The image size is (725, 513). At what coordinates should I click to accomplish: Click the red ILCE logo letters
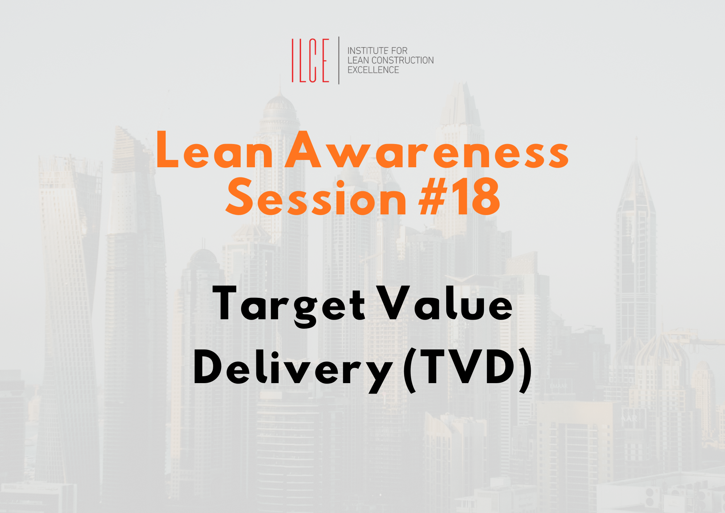(310, 60)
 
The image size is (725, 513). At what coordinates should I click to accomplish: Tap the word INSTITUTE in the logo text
(368, 50)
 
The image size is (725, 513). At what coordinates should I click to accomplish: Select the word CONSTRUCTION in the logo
(403, 60)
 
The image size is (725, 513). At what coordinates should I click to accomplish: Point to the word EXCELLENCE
(373, 70)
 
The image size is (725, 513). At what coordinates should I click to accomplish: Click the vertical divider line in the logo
(339, 60)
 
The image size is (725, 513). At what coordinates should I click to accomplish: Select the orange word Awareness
(427, 149)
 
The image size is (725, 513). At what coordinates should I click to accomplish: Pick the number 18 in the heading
(478, 196)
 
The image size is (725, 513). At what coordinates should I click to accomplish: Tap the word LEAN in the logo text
(359, 60)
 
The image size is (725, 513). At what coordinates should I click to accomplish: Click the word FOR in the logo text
(399, 50)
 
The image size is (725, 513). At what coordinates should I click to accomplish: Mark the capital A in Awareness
(303, 149)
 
